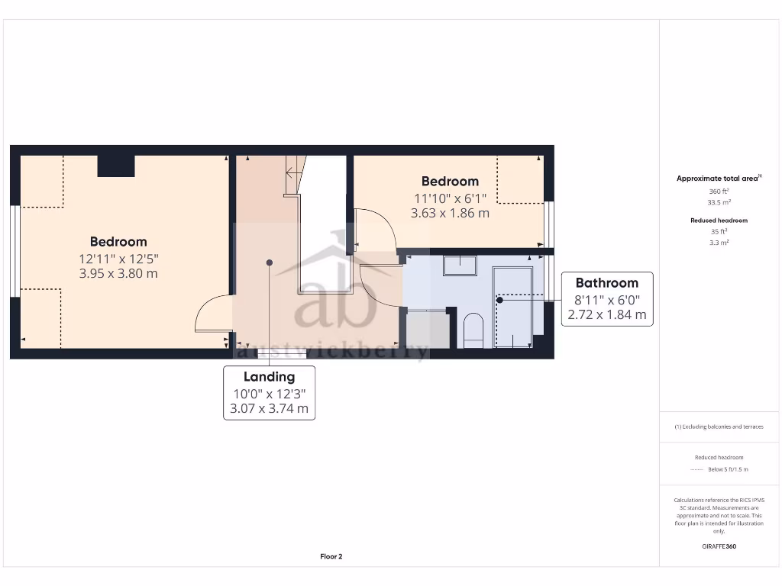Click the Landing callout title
269,376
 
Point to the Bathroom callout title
606,282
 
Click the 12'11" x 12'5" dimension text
118,258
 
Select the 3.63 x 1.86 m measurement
450,213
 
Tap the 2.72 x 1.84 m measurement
606,314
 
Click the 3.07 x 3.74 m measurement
269,408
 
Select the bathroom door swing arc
380,282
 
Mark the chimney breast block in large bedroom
116,166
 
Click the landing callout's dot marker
269,262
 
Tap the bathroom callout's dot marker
499,300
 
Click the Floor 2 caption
331,557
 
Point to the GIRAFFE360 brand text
719,546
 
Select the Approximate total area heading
718,179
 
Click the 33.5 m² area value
719,202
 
